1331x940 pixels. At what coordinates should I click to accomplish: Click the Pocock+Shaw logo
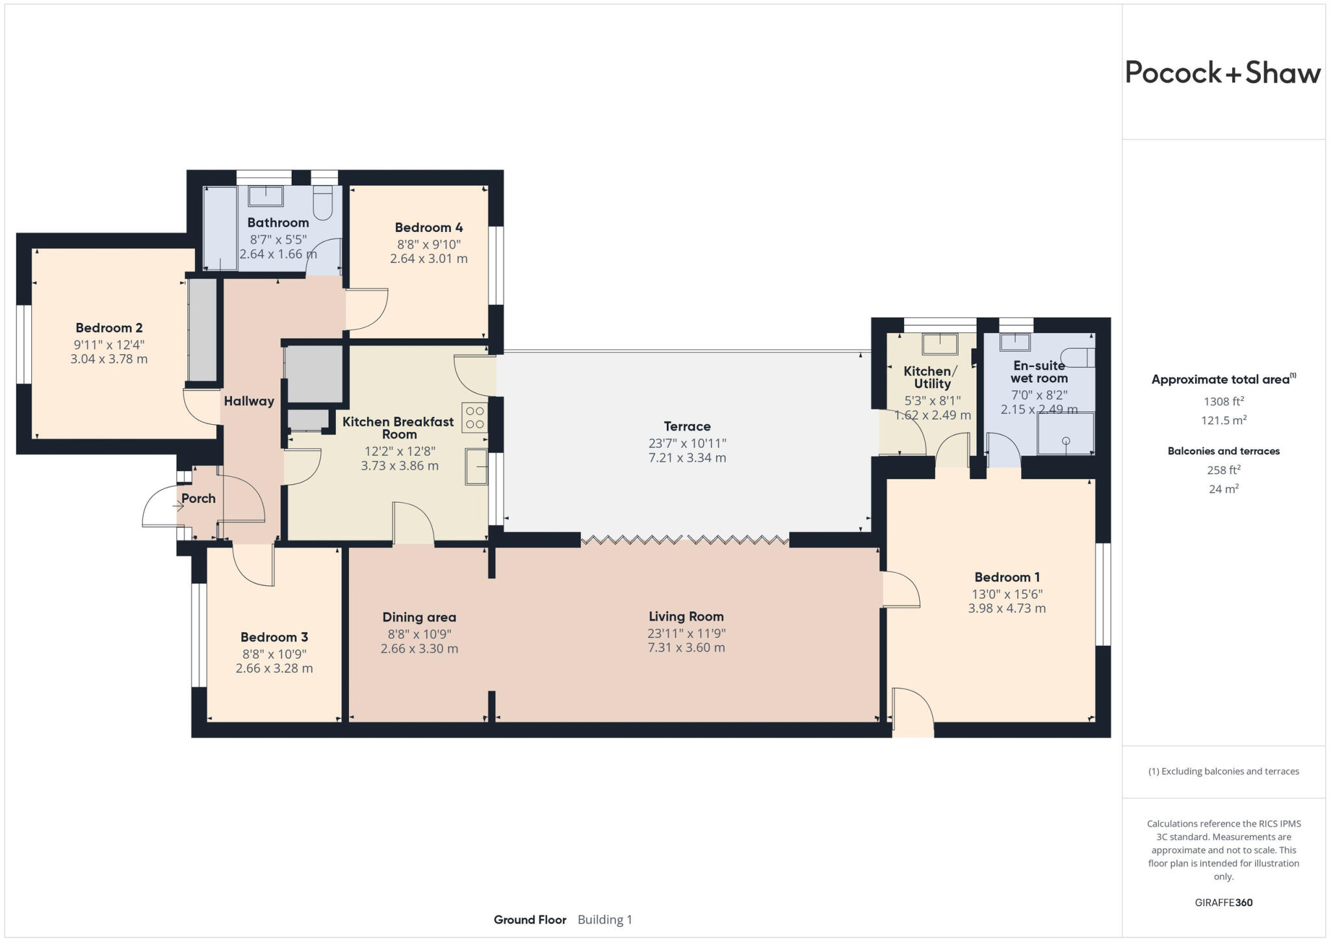click(1222, 72)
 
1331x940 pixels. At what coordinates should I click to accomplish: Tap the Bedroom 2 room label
click(109, 328)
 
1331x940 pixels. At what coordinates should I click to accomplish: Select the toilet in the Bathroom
click(322, 203)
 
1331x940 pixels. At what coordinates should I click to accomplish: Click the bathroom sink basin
click(266, 196)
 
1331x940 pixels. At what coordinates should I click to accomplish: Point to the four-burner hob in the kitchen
click(474, 418)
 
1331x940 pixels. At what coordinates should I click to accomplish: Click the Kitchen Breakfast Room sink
click(476, 466)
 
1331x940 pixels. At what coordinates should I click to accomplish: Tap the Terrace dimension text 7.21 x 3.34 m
click(687, 458)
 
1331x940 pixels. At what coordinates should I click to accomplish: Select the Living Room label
click(686, 616)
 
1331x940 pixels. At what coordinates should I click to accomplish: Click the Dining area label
click(419, 617)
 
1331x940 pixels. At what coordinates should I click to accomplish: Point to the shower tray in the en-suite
click(1065, 433)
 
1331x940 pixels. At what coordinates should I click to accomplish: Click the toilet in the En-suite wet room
click(1077, 357)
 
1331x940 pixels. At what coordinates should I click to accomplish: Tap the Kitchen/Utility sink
click(940, 344)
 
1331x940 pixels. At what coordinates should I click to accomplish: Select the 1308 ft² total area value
click(1223, 401)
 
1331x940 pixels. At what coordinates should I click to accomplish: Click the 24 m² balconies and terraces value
click(1223, 489)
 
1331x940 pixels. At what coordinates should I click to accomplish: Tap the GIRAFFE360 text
click(1223, 902)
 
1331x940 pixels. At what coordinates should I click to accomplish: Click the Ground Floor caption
click(530, 920)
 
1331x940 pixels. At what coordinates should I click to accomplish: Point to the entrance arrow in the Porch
click(178, 506)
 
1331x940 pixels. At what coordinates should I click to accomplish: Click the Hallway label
click(249, 401)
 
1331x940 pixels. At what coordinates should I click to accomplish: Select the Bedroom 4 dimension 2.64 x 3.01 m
click(428, 259)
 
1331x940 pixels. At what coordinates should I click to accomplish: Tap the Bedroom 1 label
click(1007, 577)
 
